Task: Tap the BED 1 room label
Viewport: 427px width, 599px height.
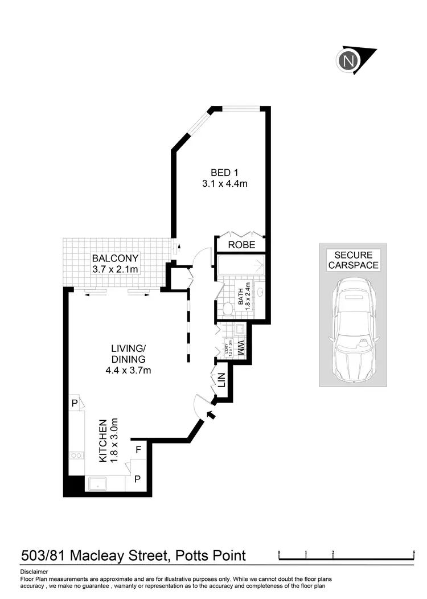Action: click(220, 173)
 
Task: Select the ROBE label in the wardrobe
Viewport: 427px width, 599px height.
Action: click(241, 245)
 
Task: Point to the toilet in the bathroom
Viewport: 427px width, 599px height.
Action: click(227, 308)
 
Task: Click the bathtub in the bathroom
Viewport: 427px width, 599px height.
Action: click(241, 265)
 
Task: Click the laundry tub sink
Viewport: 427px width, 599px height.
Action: click(240, 329)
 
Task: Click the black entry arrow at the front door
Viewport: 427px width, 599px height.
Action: click(211, 416)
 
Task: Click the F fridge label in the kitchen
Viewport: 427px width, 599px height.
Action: click(138, 450)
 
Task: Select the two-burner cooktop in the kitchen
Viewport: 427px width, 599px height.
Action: click(76, 455)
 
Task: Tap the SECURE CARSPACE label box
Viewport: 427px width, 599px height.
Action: click(353, 260)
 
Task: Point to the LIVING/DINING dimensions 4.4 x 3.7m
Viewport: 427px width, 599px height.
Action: click(129, 370)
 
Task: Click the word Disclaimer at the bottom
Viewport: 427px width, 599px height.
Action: click(34, 572)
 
